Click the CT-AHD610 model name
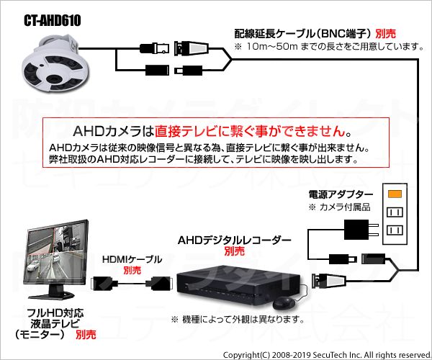coord(53,21)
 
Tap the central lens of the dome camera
coord(55,78)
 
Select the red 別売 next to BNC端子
coord(386,34)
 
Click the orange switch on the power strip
coord(395,194)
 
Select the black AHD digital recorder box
coord(238,285)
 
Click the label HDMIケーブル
coord(132,259)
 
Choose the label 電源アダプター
coord(341,194)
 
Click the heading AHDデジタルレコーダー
coord(235,240)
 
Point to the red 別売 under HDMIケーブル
coord(132,270)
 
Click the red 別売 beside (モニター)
coord(86,335)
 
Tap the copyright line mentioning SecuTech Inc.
coord(327,355)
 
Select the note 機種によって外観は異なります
coord(238,320)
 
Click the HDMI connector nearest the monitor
coord(104,283)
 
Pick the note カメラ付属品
coord(339,207)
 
